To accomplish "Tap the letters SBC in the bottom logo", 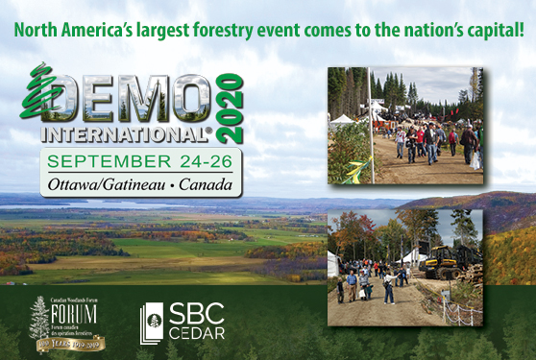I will click(x=198, y=314).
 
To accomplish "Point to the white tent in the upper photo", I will click(x=342, y=119).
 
